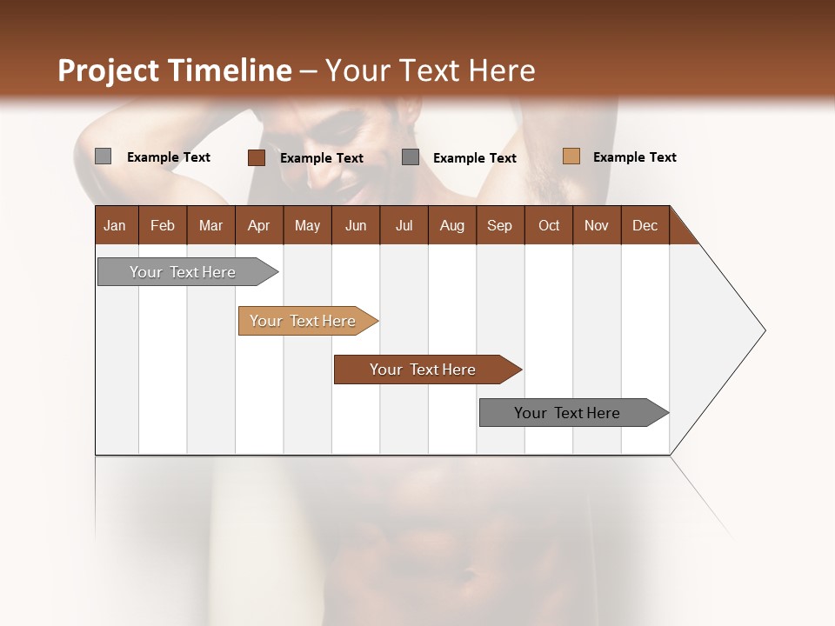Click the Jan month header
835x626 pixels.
(115, 225)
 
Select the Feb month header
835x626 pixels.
(163, 225)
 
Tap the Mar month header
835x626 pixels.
(210, 225)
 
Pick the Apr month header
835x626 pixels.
(258, 225)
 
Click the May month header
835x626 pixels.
(307, 225)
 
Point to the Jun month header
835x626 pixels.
(356, 225)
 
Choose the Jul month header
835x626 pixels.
(404, 225)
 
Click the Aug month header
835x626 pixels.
(451, 225)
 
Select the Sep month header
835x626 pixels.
(499, 225)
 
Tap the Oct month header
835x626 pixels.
(549, 225)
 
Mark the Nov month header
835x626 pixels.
(597, 225)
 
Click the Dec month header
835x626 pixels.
(645, 225)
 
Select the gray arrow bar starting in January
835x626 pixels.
(184, 272)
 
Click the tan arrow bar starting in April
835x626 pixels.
(304, 321)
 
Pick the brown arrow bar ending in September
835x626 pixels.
(424, 370)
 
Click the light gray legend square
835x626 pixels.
(104, 156)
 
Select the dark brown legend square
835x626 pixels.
(256, 157)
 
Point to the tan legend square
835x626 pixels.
(571, 156)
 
